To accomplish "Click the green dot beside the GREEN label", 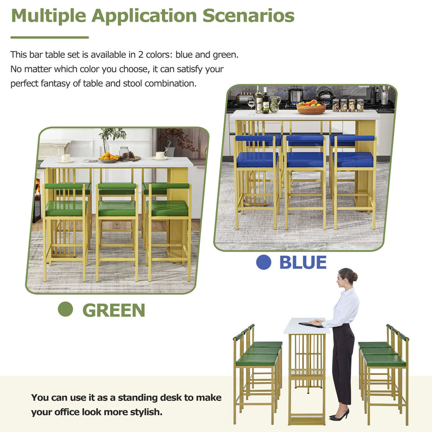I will pyautogui.click(x=65, y=309).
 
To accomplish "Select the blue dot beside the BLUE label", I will pyautogui.click(x=263, y=262).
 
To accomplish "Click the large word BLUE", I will pyautogui.click(x=302, y=262).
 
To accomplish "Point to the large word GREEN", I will pyautogui.click(x=113, y=310).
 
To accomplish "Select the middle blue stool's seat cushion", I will pyautogui.click(x=305, y=159).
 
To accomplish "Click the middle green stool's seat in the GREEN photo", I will pyautogui.click(x=117, y=208).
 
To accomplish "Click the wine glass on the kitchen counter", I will pyautogui.click(x=251, y=102).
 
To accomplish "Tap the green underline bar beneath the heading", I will pyautogui.click(x=50, y=37).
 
